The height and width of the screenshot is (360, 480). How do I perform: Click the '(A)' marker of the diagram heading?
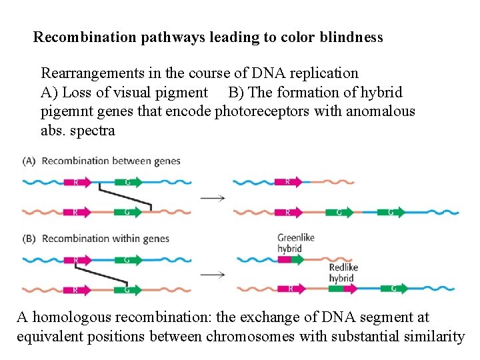tap(29, 161)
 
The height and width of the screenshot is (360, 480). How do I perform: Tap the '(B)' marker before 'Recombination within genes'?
tap(29, 239)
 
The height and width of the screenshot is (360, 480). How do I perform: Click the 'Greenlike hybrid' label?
tap(296, 243)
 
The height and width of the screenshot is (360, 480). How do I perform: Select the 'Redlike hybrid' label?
tap(343, 273)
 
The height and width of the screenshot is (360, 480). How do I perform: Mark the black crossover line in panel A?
tap(125, 197)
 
